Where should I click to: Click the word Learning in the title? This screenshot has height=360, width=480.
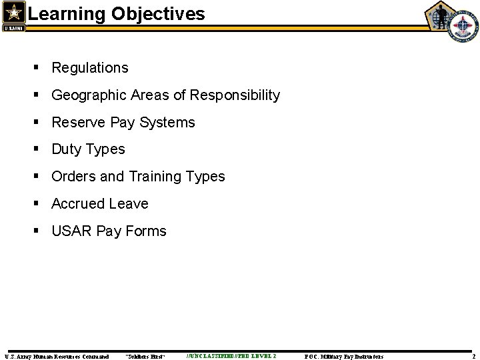tap(60, 13)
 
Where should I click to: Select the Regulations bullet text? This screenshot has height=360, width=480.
tap(90, 68)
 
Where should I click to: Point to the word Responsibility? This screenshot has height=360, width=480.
tap(235, 95)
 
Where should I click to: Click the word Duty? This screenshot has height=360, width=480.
tap(65, 149)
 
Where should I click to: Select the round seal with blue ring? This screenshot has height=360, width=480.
tap(462, 27)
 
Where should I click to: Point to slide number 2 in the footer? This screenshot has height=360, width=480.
tap(472, 357)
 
